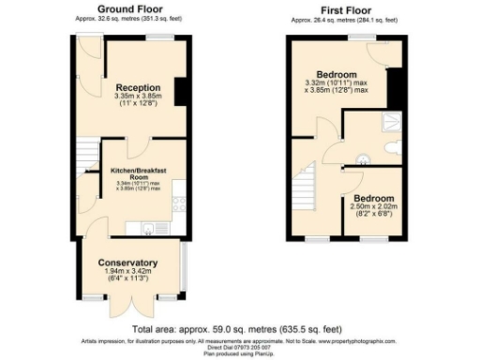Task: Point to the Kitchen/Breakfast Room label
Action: (x=139, y=174)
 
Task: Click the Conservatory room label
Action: (x=127, y=262)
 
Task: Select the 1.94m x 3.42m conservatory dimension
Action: (x=127, y=272)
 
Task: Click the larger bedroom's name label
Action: (x=336, y=75)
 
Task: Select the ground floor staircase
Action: (x=86, y=151)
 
